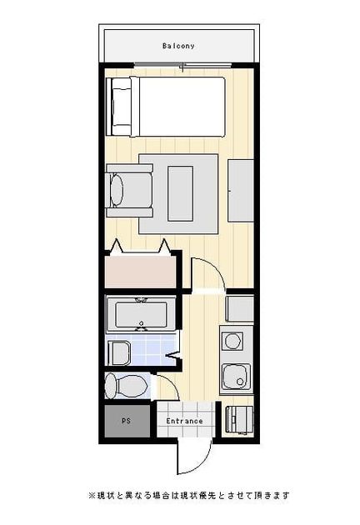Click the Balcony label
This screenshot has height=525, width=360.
[x=178, y=46]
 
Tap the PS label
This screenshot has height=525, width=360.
[x=127, y=421]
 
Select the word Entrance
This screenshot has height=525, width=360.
[x=184, y=421]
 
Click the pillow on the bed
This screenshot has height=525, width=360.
[x=121, y=107]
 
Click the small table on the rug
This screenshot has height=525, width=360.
[x=180, y=193]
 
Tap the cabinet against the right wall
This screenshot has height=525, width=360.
[x=241, y=191]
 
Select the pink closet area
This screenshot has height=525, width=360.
[x=140, y=271]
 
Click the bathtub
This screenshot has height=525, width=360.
[x=141, y=315]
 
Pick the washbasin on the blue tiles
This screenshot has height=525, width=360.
[x=119, y=353]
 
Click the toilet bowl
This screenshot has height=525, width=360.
[x=127, y=386]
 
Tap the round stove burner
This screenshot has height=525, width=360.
[x=232, y=341]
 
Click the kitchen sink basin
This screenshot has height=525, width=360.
[x=236, y=377]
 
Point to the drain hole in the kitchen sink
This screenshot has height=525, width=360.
[x=240, y=382]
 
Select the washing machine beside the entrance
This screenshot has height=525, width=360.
[x=239, y=420]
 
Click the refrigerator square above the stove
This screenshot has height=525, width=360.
[x=239, y=308]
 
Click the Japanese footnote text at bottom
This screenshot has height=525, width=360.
[x=188, y=495]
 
